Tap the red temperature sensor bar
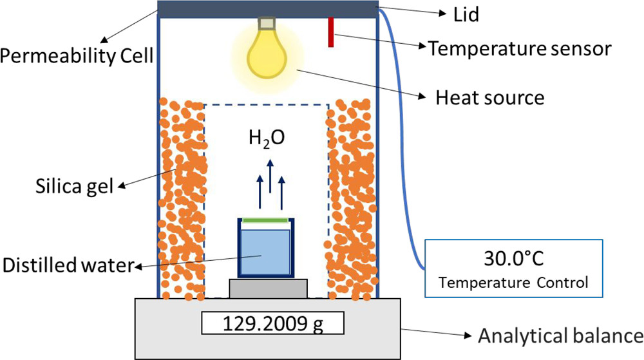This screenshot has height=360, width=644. (331, 32)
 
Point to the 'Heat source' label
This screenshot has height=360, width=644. (490, 98)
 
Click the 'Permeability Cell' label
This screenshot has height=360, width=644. (77, 57)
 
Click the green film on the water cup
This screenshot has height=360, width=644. (265, 221)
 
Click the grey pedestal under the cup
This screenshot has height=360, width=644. (265, 288)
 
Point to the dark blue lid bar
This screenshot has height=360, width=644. (268, 8)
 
